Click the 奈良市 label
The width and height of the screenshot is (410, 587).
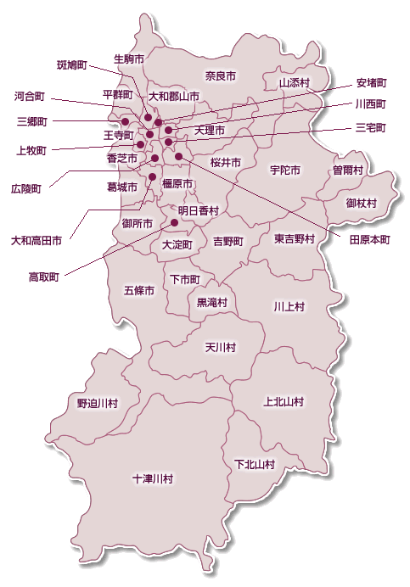click(x=220, y=76)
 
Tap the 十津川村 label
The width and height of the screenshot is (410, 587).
click(x=153, y=479)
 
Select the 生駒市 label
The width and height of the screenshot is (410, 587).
click(x=128, y=59)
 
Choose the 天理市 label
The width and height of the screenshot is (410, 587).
click(x=209, y=131)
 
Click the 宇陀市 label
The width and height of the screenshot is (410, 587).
click(x=285, y=170)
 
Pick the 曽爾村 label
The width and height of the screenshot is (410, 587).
click(x=348, y=170)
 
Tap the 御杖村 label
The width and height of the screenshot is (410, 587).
click(x=362, y=204)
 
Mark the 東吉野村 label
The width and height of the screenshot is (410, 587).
click(x=295, y=239)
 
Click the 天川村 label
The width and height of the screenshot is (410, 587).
click(x=220, y=347)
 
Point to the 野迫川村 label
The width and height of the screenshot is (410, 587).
click(x=97, y=403)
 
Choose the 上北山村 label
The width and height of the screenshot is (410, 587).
click(x=284, y=401)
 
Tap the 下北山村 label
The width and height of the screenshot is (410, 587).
click(x=255, y=464)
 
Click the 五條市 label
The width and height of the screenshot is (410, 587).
click(x=140, y=290)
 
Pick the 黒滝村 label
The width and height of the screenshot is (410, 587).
click(x=212, y=302)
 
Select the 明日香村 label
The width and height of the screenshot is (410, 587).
click(x=199, y=210)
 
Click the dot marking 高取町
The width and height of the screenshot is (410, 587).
click(x=175, y=223)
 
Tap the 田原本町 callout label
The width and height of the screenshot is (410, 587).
click(x=369, y=240)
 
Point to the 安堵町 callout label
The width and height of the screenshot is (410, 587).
click(x=372, y=83)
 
